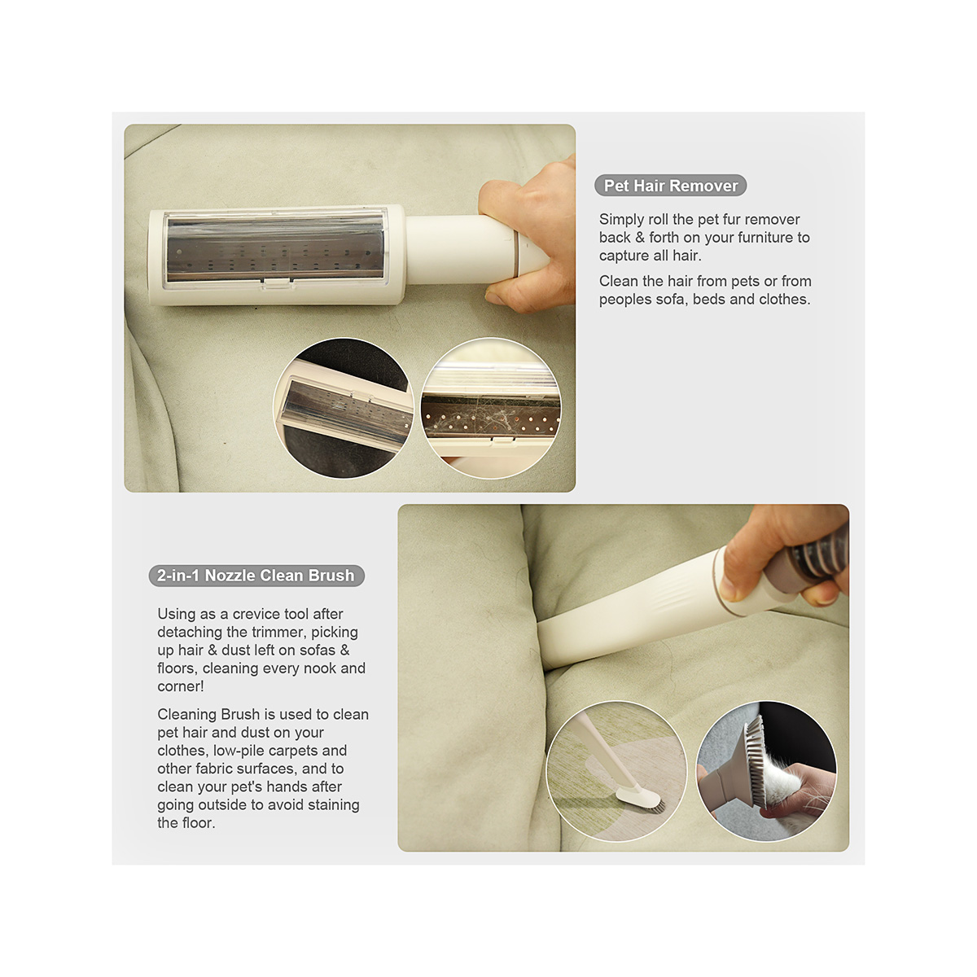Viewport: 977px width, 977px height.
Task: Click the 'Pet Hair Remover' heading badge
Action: (670, 186)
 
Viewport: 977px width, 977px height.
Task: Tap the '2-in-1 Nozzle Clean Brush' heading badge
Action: (256, 576)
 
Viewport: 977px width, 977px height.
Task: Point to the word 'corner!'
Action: (181, 686)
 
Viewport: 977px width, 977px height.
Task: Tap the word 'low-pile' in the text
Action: (240, 751)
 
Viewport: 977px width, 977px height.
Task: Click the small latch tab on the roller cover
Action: (277, 284)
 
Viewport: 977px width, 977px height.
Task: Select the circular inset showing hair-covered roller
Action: (491, 408)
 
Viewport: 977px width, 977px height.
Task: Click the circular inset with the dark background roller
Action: (344, 408)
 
